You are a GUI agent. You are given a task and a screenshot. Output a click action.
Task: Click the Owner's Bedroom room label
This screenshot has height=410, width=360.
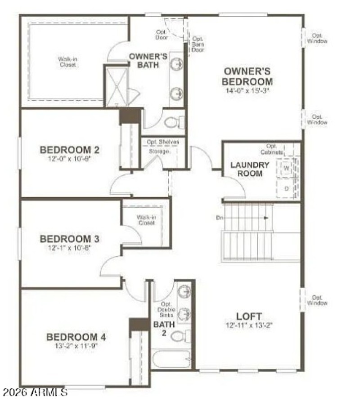tap(247, 76)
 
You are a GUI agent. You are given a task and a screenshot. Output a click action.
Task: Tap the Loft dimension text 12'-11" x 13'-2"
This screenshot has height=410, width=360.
tap(249, 325)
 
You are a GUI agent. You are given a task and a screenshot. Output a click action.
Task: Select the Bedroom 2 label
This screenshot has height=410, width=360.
tap(70, 150)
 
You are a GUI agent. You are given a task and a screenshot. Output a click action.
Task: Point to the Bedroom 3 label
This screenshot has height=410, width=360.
tap(70, 239)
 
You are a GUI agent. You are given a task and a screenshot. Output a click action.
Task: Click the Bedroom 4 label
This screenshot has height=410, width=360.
tap(76, 337)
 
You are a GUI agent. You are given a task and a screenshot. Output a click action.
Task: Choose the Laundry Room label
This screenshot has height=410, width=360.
tap(250, 169)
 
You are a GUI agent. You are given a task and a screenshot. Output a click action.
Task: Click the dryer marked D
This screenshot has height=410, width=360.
tap(287, 188)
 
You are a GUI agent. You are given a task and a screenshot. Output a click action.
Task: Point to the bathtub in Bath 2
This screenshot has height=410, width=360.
tap(170, 360)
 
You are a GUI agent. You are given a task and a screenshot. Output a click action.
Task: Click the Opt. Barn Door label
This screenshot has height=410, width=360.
tap(198, 44)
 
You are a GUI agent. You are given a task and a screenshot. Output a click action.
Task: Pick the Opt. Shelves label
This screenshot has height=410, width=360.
tap(162, 142)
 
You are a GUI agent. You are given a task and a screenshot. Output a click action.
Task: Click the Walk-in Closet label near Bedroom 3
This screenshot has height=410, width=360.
tap(146, 220)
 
